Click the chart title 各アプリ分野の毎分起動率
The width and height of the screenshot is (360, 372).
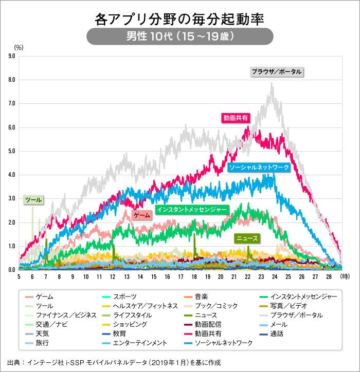(x=179, y=20)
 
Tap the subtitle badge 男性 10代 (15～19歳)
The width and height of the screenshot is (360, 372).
(x=179, y=37)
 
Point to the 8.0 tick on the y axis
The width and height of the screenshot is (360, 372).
(x=12, y=80)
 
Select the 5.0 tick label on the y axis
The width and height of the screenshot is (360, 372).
(x=12, y=151)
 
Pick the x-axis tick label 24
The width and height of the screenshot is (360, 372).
(x=275, y=277)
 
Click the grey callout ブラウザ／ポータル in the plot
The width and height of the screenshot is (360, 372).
(x=277, y=72)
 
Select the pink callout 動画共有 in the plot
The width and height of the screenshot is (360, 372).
(x=236, y=118)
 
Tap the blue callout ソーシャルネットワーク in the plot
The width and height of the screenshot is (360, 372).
(x=259, y=168)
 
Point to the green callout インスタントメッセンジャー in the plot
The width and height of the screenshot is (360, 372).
(x=191, y=210)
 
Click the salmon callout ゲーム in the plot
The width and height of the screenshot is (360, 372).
(x=141, y=216)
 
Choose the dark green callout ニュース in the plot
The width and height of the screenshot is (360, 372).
(x=246, y=238)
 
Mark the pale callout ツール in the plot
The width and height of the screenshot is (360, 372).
(x=33, y=199)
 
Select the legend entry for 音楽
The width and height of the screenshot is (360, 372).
(x=201, y=296)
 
